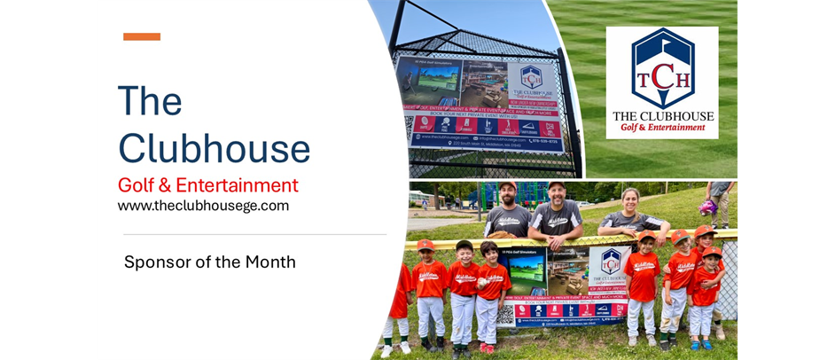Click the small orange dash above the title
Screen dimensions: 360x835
click(x=142, y=36)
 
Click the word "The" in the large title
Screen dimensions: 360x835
click(x=150, y=101)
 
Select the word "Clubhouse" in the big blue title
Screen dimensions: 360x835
click(x=214, y=148)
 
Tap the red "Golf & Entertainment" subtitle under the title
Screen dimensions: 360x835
click(x=207, y=185)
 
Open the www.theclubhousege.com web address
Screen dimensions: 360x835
click(x=203, y=206)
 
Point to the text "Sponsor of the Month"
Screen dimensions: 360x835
click(x=209, y=262)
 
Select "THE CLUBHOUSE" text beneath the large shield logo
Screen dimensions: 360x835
click(x=661, y=115)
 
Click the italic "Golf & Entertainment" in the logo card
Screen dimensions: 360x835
click(x=661, y=128)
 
